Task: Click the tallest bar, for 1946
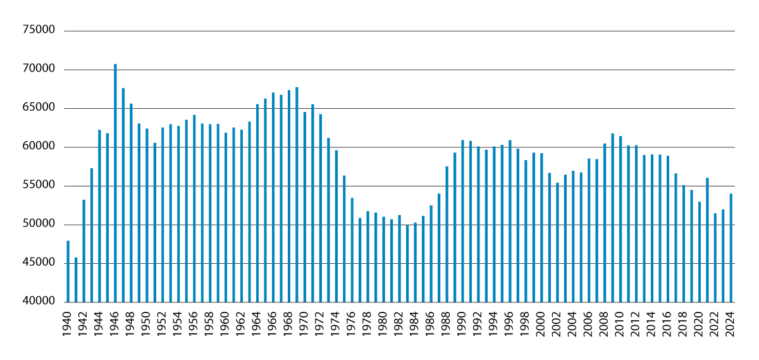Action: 115,183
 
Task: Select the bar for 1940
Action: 68,271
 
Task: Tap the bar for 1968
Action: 289,196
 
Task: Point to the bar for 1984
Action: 415,262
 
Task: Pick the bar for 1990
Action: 462,221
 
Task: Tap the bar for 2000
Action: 541,227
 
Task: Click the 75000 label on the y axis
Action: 40,30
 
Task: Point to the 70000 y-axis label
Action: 40,70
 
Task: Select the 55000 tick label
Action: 40,186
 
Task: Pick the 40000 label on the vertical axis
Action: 40,302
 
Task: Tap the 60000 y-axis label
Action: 40,147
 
